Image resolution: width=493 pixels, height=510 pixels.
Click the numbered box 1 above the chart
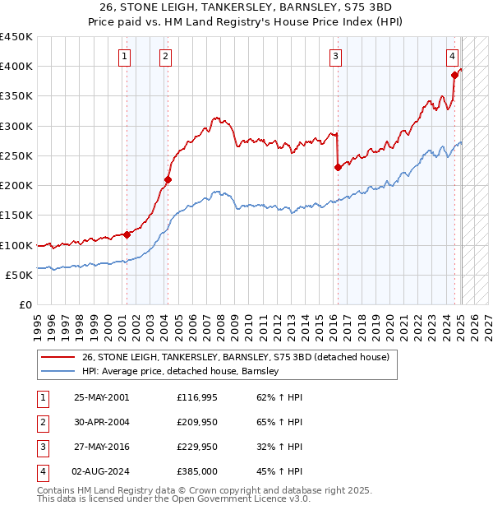click(x=124, y=57)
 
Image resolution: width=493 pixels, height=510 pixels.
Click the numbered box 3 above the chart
click(x=336, y=57)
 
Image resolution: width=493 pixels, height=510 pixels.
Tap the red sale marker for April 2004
click(x=168, y=179)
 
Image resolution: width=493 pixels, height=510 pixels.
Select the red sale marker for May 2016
click(x=338, y=167)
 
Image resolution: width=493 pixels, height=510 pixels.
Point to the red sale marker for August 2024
click(x=454, y=75)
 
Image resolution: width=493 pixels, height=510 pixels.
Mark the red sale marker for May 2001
click(x=127, y=234)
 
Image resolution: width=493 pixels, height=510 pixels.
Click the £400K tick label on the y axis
click(x=16, y=67)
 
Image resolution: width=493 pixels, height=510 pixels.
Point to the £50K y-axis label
click(x=20, y=275)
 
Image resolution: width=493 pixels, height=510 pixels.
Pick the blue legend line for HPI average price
click(x=58, y=372)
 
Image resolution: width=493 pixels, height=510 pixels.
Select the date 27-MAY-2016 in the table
click(x=101, y=447)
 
